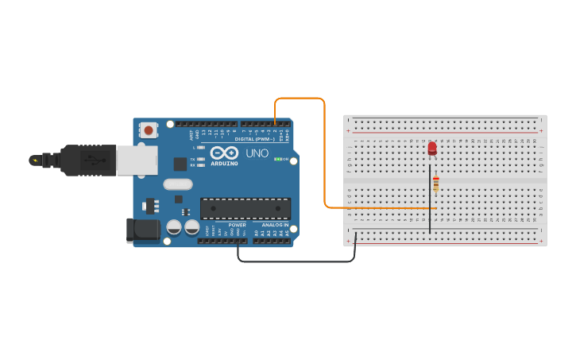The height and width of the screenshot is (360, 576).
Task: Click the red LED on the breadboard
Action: (x=432, y=148)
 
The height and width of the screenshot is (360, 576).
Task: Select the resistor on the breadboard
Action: (x=435, y=184)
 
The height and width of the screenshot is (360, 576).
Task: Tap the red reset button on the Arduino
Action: (x=149, y=129)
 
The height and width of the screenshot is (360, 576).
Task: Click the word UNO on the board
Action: (x=257, y=153)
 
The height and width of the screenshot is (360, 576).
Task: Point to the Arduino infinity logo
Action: (x=224, y=153)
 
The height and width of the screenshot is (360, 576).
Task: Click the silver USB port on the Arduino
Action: (x=137, y=160)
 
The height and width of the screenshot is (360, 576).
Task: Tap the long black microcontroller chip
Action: (x=245, y=208)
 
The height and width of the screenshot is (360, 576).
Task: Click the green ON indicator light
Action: (x=278, y=159)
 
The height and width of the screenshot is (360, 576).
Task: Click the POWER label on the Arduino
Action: (x=238, y=225)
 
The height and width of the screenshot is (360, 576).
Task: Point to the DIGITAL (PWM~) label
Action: (x=255, y=139)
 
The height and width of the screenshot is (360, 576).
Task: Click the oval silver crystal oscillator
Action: (x=178, y=184)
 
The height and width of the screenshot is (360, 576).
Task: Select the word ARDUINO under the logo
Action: (x=224, y=164)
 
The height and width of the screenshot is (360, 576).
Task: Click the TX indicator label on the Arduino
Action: (x=192, y=159)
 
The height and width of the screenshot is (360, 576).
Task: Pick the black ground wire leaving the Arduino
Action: (x=294, y=261)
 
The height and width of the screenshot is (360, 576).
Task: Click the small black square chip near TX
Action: (x=180, y=164)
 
